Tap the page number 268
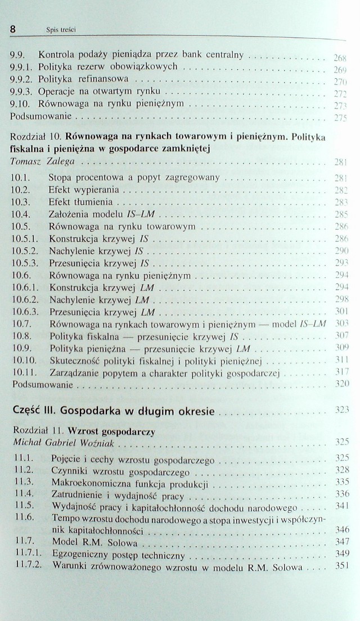[339, 57]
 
